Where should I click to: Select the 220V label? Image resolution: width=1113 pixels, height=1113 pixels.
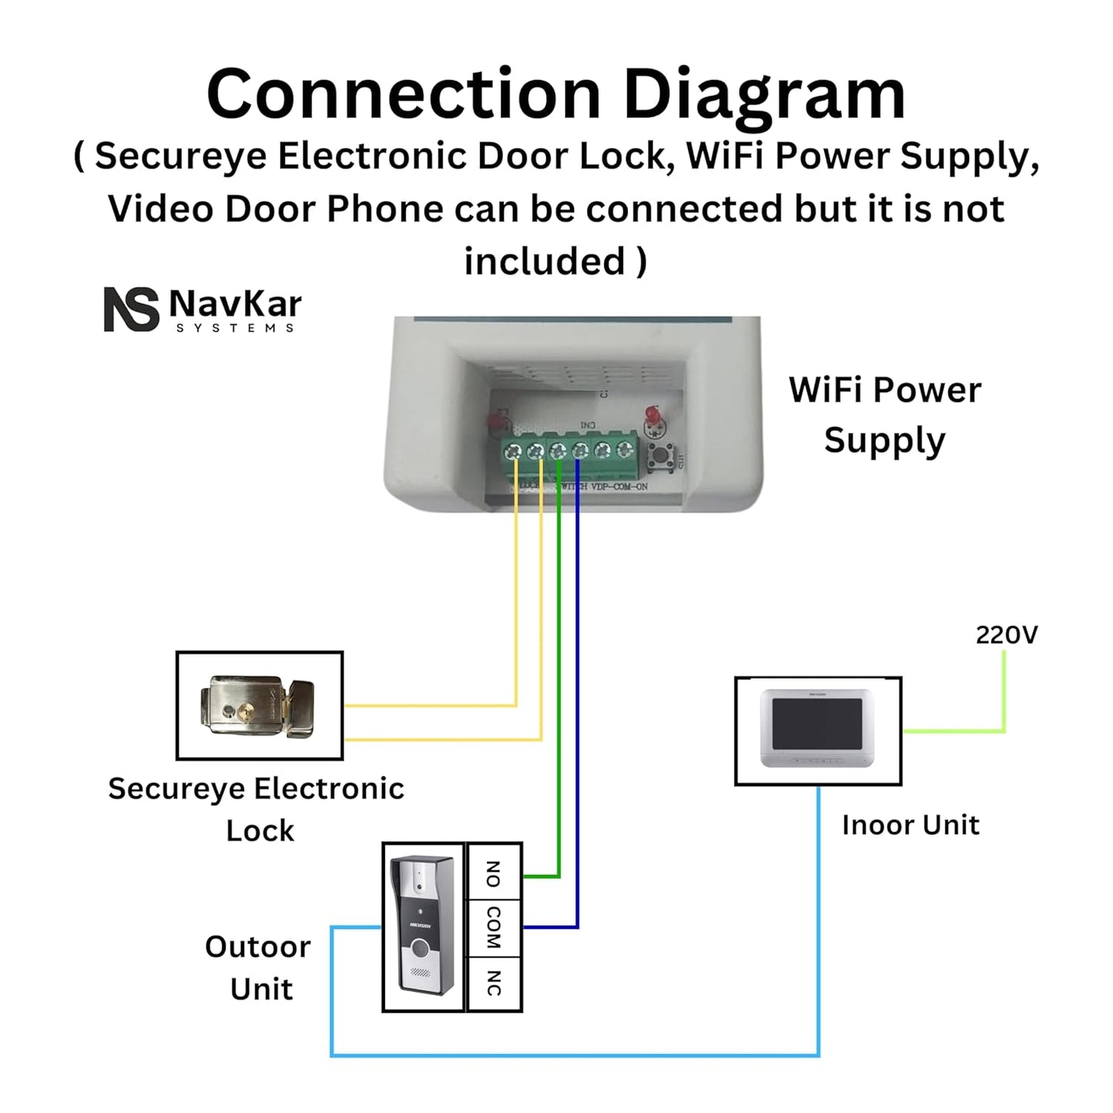pos(1006,635)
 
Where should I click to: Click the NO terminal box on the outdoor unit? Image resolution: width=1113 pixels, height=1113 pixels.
pos(494,873)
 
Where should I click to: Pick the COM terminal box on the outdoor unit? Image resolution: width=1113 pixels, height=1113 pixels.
pos(494,927)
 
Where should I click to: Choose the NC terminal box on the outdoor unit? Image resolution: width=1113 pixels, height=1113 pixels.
pos(494,983)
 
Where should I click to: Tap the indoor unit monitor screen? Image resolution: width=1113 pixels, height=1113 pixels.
pos(817,723)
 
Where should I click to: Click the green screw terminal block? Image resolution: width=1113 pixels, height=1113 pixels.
pos(570,454)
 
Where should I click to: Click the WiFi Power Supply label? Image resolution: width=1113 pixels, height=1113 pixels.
pos(884,415)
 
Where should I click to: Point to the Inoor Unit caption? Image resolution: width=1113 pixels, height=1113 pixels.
pos(910,825)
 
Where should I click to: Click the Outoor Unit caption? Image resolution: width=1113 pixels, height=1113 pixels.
pos(259,967)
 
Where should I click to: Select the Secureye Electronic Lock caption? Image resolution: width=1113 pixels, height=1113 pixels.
pos(256,810)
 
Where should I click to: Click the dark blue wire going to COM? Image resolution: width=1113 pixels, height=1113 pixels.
pos(577,693)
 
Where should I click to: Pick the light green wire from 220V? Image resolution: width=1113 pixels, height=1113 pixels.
pos(1004,693)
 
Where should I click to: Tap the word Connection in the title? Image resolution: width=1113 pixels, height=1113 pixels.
pos(403,96)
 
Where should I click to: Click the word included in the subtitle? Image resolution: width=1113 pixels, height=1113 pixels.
pos(545,261)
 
